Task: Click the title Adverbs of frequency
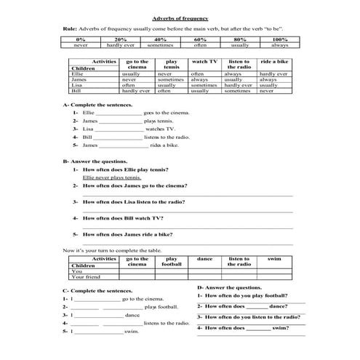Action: (x=180, y=17)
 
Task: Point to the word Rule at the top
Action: (x=71, y=28)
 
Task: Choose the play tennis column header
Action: (x=172, y=65)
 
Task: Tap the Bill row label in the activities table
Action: (x=76, y=92)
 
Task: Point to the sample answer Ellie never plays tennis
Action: (x=112, y=177)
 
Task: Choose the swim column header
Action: (x=274, y=258)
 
